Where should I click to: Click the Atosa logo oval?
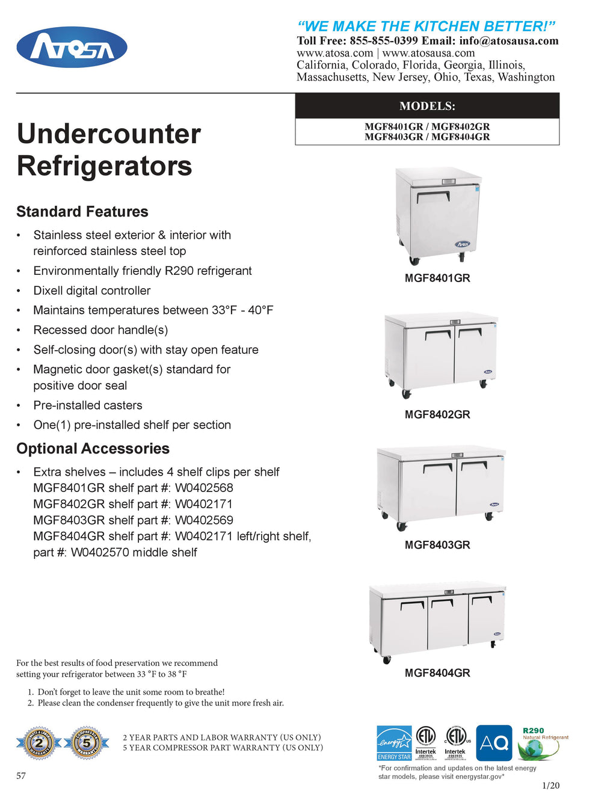click(72, 47)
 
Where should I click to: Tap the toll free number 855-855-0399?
click(383, 41)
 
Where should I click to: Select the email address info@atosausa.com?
click(508, 41)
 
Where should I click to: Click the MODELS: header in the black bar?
click(427, 106)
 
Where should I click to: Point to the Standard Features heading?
click(82, 212)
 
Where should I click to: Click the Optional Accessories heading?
click(93, 449)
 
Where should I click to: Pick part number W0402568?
click(204, 488)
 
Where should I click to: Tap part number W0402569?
click(204, 520)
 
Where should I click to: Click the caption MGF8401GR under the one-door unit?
click(437, 278)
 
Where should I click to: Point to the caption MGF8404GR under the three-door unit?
click(437, 673)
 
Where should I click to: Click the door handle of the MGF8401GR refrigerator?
click(433, 195)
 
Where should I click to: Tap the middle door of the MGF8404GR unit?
click(448, 623)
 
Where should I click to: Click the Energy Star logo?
click(394, 743)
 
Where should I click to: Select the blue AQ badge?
click(494, 743)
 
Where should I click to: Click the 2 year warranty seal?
click(38, 743)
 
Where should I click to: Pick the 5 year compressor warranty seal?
click(87, 743)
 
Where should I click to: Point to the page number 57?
click(21, 776)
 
